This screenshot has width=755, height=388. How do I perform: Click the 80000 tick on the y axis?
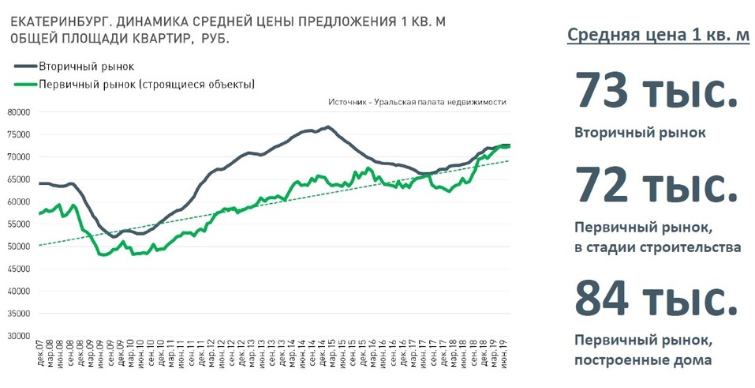point(18,112)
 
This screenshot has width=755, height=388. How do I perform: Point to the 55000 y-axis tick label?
point(18,224)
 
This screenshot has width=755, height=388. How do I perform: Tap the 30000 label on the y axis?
point(18,336)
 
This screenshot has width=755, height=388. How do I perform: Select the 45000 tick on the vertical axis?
point(18,269)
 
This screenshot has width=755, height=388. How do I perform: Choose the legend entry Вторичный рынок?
point(86,66)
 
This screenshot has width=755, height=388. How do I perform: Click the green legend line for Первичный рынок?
point(23,84)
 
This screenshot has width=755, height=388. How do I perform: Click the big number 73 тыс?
point(656,91)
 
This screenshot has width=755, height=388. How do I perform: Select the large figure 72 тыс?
point(656,186)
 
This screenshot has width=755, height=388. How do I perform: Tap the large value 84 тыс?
point(656,298)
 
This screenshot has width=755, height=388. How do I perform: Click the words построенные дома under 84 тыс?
point(642,360)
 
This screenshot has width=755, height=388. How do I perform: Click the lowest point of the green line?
point(103,254)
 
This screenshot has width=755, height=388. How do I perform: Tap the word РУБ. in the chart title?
point(215,39)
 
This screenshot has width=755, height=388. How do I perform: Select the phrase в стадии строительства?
point(658,247)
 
